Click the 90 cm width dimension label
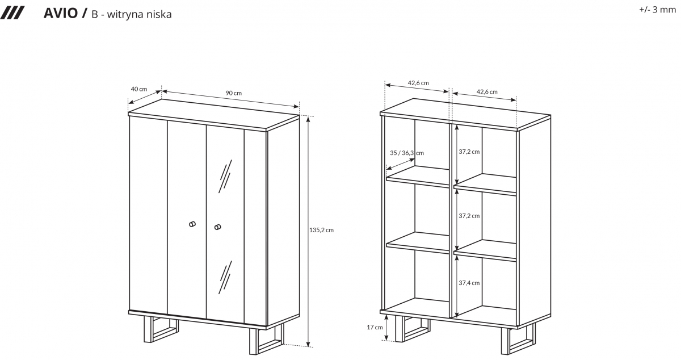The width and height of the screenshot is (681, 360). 233,93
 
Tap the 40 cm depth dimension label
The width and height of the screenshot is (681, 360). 139,89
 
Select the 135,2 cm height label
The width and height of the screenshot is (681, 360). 321,230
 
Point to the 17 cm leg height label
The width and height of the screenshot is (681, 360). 375,327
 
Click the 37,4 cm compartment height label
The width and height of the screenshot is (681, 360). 469,283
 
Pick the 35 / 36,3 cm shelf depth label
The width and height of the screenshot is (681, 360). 407,153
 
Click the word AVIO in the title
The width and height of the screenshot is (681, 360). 61,14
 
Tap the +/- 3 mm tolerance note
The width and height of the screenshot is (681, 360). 657,10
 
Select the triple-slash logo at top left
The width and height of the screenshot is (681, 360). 12,14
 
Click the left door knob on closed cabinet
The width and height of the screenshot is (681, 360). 192,224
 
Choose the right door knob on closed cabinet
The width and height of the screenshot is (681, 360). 217,227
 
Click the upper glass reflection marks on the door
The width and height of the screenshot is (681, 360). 225,176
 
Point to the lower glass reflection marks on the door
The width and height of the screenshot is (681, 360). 225,277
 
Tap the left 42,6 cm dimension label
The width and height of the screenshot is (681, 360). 418,83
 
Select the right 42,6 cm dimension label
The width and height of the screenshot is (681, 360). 487,91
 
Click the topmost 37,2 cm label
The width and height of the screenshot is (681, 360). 469,152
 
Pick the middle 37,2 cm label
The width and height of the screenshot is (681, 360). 469,216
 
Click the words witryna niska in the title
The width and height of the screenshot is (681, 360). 139,14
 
